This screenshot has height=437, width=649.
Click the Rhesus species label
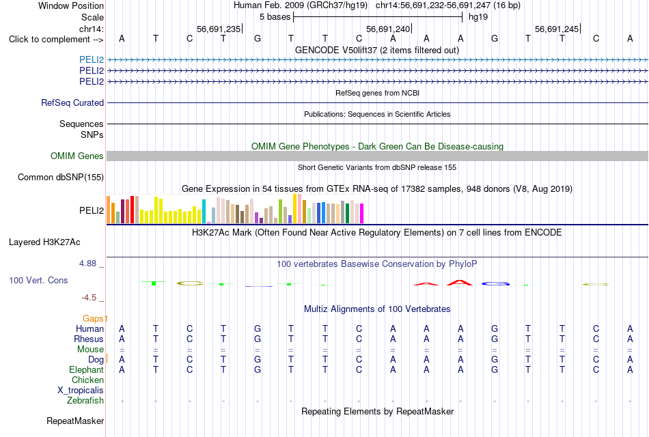click(x=89, y=339)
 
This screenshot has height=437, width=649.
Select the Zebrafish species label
click(x=85, y=401)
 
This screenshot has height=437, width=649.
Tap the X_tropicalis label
click(x=81, y=391)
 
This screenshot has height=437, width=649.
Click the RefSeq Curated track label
click(x=72, y=102)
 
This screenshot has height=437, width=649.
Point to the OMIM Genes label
click(x=77, y=156)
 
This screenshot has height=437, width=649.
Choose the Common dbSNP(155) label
click(x=61, y=177)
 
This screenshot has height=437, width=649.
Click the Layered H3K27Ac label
click(x=44, y=242)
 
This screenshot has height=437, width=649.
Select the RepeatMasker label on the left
click(x=75, y=421)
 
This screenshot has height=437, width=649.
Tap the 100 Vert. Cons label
click(x=38, y=280)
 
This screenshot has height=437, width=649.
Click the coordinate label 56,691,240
click(x=388, y=29)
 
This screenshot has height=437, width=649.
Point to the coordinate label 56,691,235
click(x=219, y=29)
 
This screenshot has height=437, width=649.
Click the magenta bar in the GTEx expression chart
click(x=362, y=214)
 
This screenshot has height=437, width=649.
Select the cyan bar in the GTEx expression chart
click(x=204, y=212)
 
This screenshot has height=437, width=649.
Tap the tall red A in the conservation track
click(x=460, y=283)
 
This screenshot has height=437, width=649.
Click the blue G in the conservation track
click(x=495, y=283)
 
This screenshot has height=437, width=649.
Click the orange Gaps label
click(x=93, y=318)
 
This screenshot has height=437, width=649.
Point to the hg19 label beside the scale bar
click(x=478, y=17)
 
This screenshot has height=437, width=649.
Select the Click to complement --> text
click(x=56, y=40)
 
